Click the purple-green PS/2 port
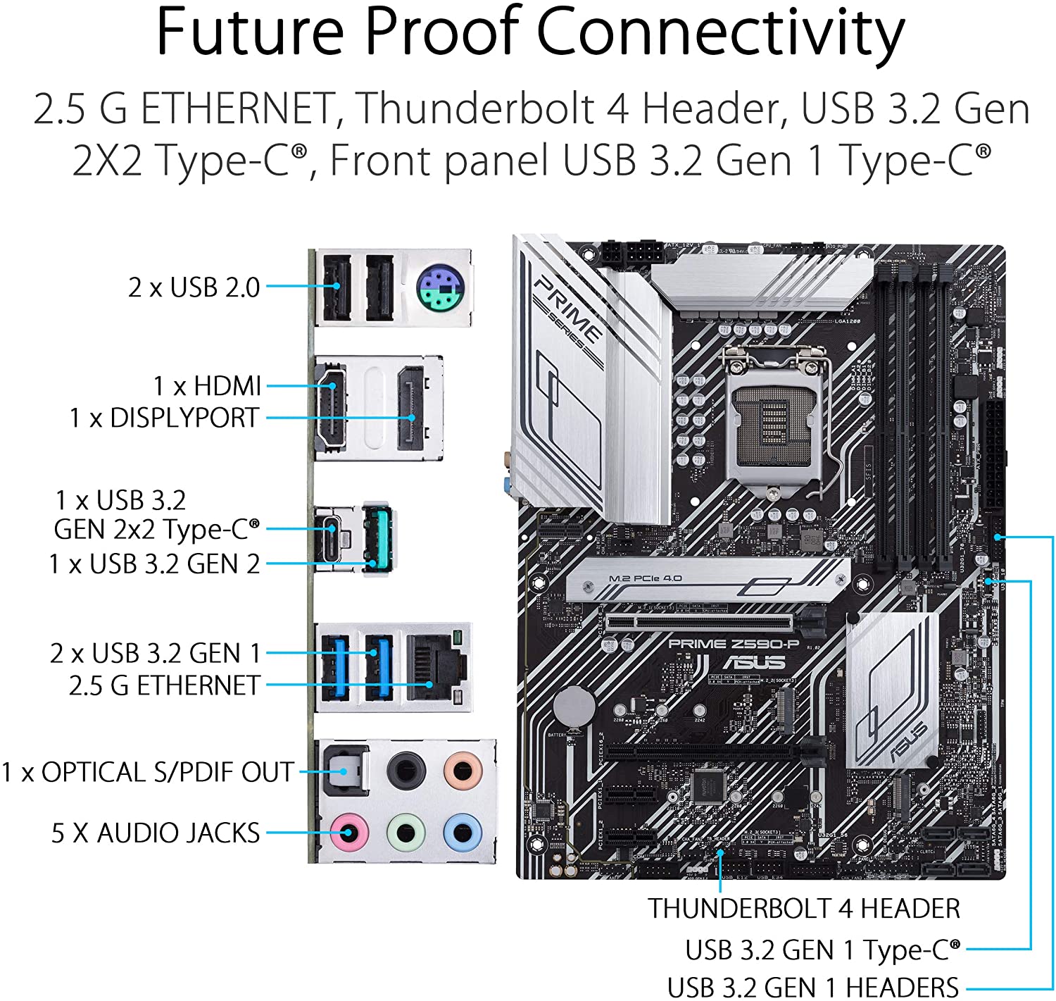click(439, 287)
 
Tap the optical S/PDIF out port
click(345, 770)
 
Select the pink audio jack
click(348, 833)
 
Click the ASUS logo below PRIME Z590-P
click(754, 662)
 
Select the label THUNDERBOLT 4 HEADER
click(804, 909)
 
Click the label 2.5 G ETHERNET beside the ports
click(164, 685)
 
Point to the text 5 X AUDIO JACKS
click(156, 833)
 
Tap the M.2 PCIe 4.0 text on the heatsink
click(645, 578)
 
